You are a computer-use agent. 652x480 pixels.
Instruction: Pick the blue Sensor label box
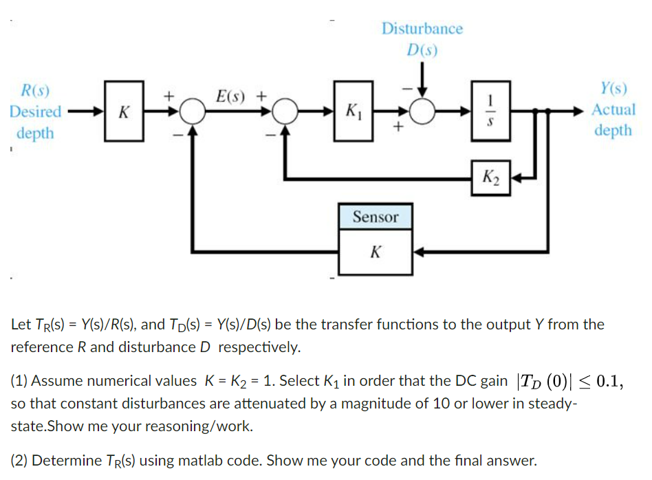tap(375, 217)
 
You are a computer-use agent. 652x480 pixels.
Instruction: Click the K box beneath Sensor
tap(375, 251)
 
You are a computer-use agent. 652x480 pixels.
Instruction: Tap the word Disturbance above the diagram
tap(422, 29)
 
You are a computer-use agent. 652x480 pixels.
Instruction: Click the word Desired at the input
tap(35, 111)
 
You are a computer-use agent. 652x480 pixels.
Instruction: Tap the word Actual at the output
tap(613, 109)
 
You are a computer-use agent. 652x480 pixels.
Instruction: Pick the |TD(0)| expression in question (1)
tap(547, 381)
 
